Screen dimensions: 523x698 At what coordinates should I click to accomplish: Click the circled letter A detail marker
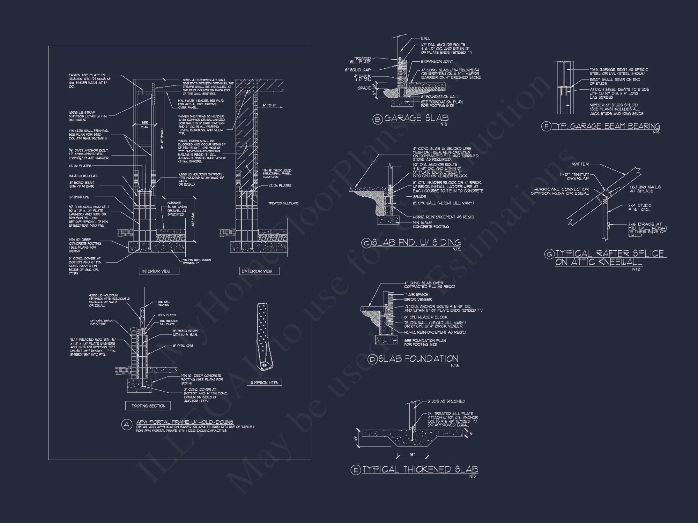tap(127, 425)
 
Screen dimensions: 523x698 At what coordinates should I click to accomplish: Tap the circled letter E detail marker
tap(355, 470)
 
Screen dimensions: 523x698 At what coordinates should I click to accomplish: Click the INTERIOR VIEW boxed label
tap(156, 271)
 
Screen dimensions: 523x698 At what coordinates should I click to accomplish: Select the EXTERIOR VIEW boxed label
tap(257, 271)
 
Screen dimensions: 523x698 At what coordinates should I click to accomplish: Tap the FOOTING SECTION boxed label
tap(148, 406)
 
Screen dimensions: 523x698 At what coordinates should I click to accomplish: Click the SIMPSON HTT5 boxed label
tap(264, 382)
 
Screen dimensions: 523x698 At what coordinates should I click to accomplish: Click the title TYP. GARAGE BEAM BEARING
tap(606, 126)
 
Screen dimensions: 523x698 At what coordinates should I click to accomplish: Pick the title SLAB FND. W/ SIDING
tap(416, 243)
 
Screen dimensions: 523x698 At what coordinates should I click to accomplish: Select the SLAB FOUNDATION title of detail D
tap(418, 359)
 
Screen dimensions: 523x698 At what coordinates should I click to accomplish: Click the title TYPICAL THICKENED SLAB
tap(420, 469)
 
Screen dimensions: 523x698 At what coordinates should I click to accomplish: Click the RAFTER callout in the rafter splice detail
tap(580, 164)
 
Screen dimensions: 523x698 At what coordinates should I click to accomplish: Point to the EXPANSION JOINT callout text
tap(437, 62)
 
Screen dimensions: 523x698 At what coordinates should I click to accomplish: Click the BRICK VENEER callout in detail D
tap(418, 300)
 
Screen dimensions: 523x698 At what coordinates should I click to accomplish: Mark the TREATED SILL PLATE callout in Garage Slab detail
tap(362, 60)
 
